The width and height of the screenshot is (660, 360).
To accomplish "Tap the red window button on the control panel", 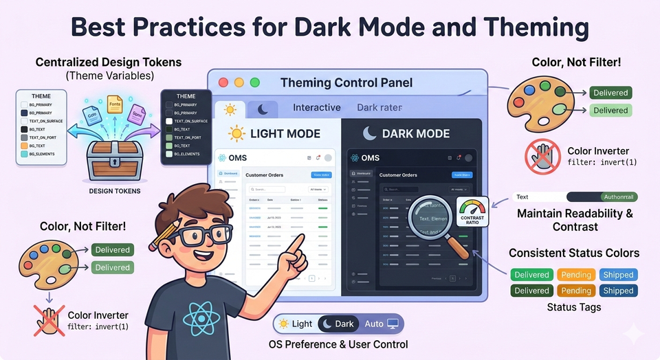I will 223,82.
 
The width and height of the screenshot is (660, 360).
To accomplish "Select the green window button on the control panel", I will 255,82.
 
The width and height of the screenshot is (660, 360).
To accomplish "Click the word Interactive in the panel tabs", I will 317,107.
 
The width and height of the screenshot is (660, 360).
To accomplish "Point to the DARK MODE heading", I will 416,133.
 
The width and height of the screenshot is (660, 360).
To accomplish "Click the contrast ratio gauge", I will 472,211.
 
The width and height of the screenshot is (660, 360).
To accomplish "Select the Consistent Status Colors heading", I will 574,253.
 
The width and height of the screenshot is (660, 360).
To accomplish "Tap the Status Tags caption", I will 574,306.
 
